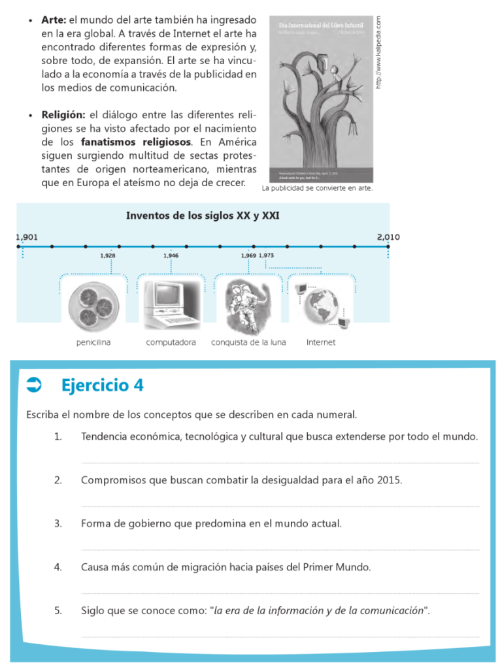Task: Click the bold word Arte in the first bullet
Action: click(54, 21)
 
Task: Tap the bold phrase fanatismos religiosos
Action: click(136, 142)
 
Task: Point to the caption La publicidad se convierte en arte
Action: click(317, 188)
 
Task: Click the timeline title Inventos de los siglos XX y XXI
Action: click(203, 216)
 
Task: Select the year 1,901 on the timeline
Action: click(27, 237)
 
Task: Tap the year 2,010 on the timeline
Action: click(388, 237)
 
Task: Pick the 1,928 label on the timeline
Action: click(109, 255)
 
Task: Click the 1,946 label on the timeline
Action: click(171, 255)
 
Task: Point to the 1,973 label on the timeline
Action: click(266, 255)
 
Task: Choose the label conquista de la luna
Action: click(248, 342)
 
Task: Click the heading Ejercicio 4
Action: click(103, 385)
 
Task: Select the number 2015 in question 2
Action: click(389, 480)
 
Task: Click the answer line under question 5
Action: click(280, 636)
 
